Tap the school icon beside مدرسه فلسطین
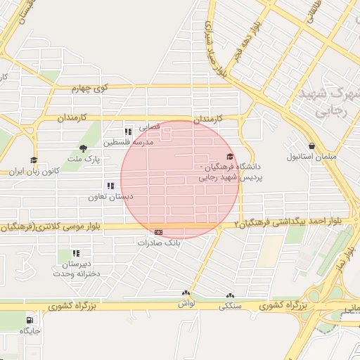128,131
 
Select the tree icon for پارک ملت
83,148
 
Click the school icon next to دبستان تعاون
110,186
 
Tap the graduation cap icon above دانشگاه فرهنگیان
230,157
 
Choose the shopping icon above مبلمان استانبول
311,146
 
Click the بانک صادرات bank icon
159,232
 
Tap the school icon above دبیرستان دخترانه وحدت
76,253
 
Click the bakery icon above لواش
186,294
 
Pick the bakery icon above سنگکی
229,296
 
